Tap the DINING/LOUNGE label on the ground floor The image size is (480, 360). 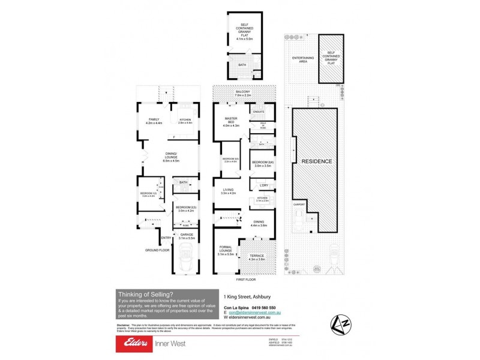click(x=171, y=157)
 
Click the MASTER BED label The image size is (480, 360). click(x=231, y=121)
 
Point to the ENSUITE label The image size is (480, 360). click(x=260, y=112)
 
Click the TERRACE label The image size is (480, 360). click(x=257, y=256)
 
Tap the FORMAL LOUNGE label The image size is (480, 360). click(x=226, y=249)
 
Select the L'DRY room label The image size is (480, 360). click(x=263, y=185)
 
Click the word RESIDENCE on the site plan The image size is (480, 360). click(x=316, y=161)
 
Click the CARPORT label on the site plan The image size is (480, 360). click(x=299, y=205)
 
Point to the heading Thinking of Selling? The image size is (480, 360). click(x=142, y=293)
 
